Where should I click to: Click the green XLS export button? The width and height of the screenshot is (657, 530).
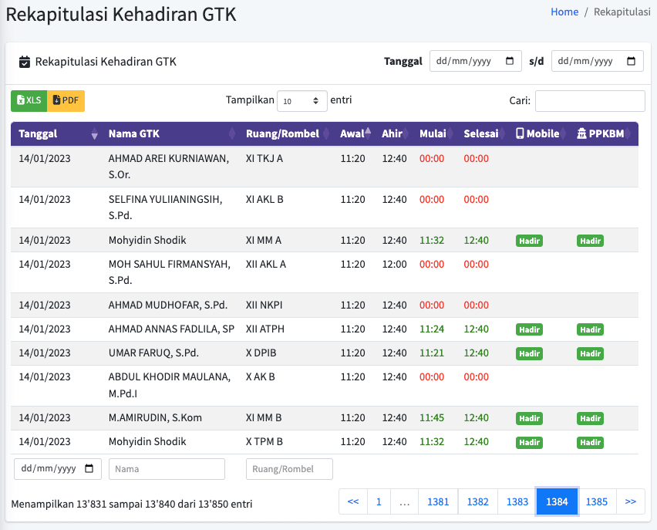tap(29, 100)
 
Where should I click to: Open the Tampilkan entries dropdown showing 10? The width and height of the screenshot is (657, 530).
tap(302, 101)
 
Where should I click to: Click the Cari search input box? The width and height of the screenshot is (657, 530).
tap(590, 101)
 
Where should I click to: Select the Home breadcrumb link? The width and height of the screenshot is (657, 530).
tap(564, 12)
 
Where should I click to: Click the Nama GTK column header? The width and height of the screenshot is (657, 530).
tap(134, 133)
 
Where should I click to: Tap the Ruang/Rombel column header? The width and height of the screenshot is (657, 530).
tap(282, 133)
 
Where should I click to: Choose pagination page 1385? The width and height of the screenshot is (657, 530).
tap(597, 501)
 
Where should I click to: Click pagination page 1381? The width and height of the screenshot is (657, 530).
tap(438, 501)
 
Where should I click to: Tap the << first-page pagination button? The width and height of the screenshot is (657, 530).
tap(353, 501)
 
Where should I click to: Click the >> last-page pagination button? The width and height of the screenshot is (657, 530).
tap(630, 501)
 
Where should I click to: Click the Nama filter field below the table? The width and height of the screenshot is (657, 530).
tap(167, 469)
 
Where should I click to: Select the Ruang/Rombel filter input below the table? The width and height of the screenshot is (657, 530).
tap(289, 469)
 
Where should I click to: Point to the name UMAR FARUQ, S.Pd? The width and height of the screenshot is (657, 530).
tap(153, 353)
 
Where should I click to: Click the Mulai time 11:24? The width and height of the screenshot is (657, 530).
tap(432, 329)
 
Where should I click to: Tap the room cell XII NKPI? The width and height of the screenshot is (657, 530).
tap(264, 305)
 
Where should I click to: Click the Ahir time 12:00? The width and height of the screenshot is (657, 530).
tap(394, 264)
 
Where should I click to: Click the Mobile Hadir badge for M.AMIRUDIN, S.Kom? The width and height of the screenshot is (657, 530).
tap(529, 418)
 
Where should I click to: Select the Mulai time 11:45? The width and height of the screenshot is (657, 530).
tap(432, 417)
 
